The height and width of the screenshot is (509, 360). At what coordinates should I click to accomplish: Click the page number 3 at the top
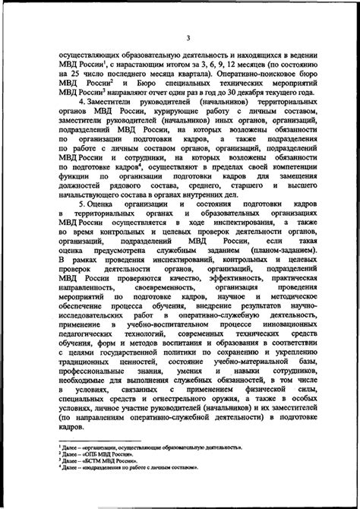pos(180,36)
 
